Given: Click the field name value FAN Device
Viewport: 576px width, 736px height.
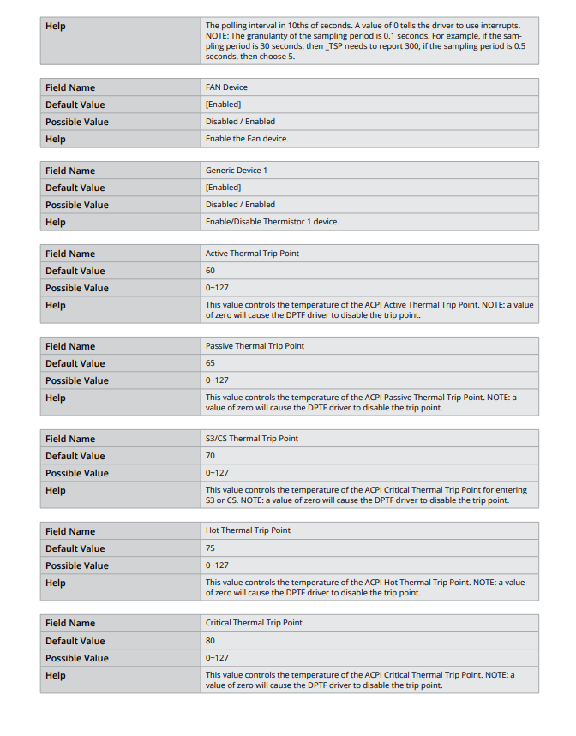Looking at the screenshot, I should click(226, 87).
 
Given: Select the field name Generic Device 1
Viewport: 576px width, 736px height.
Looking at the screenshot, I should click(236, 171).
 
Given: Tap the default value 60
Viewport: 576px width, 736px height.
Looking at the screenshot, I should click(210, 271).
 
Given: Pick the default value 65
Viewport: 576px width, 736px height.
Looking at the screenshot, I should click(210, 363).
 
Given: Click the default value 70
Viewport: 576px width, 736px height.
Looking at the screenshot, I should click(210, 456).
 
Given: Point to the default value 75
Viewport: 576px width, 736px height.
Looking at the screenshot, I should click(210, 548).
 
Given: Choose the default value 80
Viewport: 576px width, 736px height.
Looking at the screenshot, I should click(210, 641).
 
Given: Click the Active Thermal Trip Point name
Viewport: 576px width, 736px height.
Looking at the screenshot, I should click(252, 254).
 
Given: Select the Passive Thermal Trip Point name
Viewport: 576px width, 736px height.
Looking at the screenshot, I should click(255, 346).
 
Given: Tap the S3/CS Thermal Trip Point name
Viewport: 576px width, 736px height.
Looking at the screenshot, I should click(252, 439).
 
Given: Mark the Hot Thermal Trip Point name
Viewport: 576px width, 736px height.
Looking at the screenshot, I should click(248, 530).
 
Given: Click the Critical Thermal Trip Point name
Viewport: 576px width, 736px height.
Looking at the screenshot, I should click(254, 623).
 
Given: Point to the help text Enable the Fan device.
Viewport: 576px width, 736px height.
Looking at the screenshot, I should click(247, 139).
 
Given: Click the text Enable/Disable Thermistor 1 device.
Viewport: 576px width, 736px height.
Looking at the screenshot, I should click(272, 222).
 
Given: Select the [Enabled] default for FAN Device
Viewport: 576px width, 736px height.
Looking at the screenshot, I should click(223, 105).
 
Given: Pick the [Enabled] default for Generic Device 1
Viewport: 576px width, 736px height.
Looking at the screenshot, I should click(223, 188).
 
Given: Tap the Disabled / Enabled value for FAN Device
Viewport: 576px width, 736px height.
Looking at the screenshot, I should click(240, 122).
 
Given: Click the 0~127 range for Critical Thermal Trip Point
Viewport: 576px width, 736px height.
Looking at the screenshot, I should click(217, 658).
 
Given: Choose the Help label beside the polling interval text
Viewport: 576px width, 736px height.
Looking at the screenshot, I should click(56, 26).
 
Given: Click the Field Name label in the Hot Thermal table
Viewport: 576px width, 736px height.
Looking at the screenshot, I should click(70, 531).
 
